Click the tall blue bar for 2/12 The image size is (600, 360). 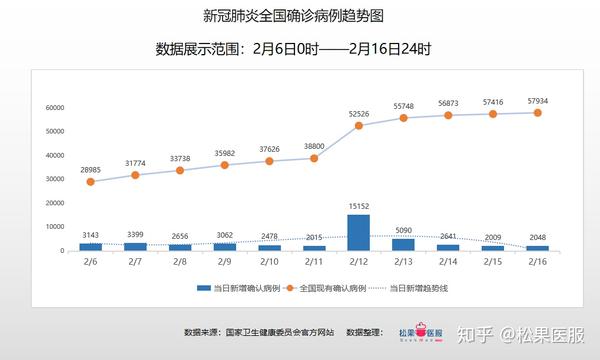coord(358,232)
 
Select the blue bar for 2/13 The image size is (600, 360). coord(403,244)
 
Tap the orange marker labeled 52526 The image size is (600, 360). coord(358,125)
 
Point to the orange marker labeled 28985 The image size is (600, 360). coord(91,182)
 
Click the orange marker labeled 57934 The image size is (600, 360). coord(537,112)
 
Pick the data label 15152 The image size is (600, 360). coord(358,207)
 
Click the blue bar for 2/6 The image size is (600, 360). coord(91,246)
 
